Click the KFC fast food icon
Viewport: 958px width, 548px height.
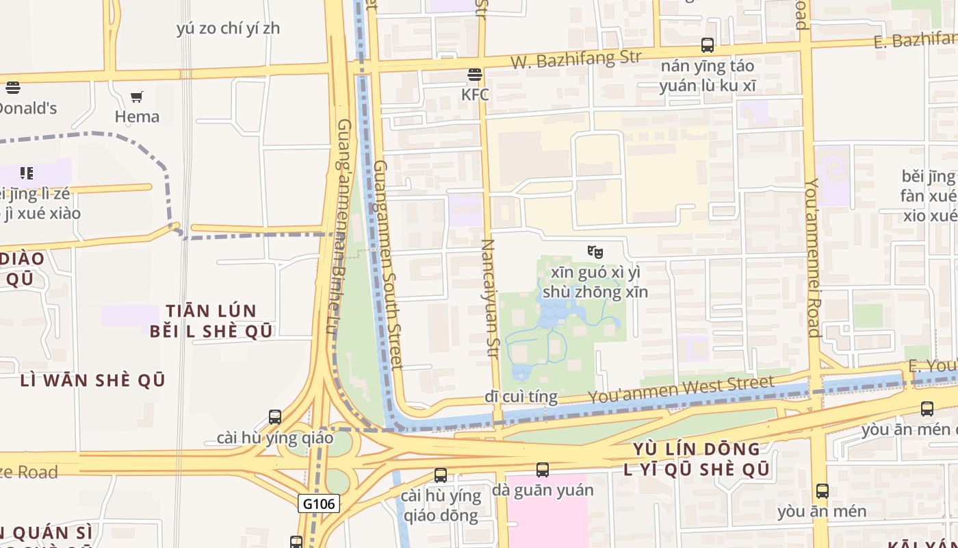474,75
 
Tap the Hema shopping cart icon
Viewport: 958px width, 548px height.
137,97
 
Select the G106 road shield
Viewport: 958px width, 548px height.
319,504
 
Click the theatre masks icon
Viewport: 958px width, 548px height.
595,251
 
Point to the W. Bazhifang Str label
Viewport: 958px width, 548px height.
576,59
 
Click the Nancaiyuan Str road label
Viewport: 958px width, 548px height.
489,299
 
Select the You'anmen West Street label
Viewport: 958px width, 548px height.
681,390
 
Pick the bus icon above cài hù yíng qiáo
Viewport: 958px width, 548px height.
275,416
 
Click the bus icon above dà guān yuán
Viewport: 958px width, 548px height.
543,470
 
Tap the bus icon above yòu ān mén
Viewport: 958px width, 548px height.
823,491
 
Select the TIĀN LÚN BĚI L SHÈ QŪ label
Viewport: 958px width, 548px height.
211,321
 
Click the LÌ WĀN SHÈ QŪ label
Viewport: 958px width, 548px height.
93,380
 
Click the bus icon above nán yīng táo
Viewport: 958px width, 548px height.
708,46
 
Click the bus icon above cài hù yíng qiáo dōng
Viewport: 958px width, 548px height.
441,475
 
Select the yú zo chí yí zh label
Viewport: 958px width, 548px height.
228,29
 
